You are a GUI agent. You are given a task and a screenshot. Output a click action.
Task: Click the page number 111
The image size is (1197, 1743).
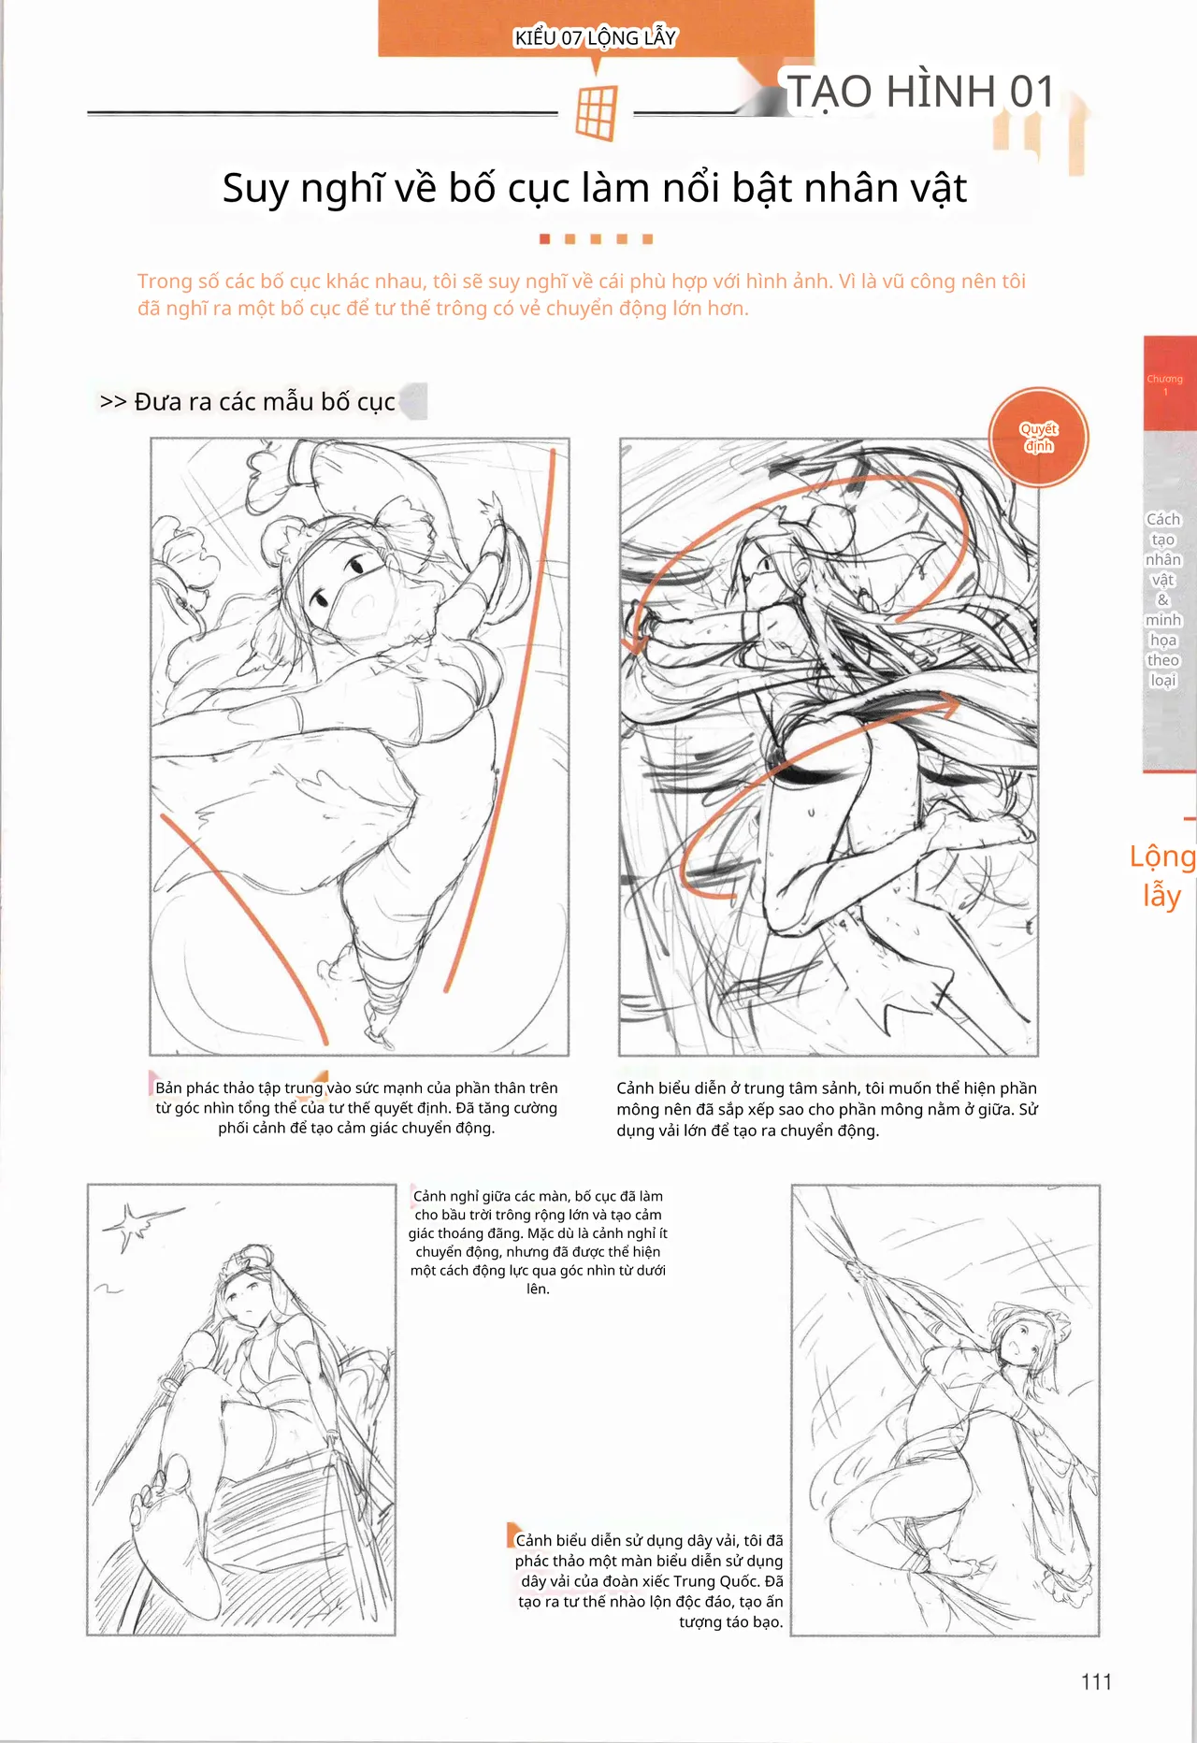click(1096, 1682)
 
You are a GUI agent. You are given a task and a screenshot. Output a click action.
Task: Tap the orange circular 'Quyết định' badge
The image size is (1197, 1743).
click(1039, 438)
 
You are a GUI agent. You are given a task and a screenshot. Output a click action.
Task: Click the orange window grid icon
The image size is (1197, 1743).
click(597, 112)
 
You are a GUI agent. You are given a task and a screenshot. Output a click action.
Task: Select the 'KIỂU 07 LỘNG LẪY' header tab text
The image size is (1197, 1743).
click(595, 38)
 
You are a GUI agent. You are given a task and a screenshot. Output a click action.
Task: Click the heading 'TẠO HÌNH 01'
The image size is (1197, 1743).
click(922, 92)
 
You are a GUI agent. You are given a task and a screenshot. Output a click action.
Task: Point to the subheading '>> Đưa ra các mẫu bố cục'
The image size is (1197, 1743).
click(248, 401)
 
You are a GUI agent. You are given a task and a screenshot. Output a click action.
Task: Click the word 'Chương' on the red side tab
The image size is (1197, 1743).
click(1164, 379)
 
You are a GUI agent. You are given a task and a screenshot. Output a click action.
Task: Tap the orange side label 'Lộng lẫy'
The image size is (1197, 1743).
click(1162, 875)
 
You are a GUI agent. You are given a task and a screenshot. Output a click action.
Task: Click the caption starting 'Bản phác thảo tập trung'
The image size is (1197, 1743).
click(356, 1108)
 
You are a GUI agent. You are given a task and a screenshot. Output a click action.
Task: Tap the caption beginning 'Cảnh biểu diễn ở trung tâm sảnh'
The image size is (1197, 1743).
click(827, 1109)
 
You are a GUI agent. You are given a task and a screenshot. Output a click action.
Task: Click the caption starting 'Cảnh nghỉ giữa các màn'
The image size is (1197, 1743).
click(538, 1242)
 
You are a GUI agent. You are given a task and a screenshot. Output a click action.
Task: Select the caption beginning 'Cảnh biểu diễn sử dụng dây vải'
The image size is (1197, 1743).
click(649, 1580)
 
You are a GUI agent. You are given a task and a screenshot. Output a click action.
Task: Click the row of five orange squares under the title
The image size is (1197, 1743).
click(596, 239)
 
